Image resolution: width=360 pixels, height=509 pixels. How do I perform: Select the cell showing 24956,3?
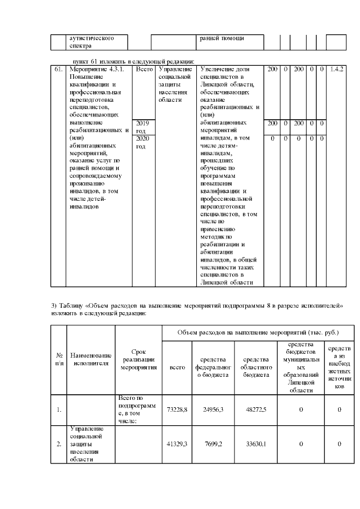point(213,410)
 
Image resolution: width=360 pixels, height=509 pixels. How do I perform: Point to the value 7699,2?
point(213,444)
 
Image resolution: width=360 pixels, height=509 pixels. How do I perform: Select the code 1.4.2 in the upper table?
point(336,69)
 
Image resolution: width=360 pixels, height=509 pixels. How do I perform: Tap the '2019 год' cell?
point(141,127)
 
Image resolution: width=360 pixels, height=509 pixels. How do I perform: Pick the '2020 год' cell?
point(141,142)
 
